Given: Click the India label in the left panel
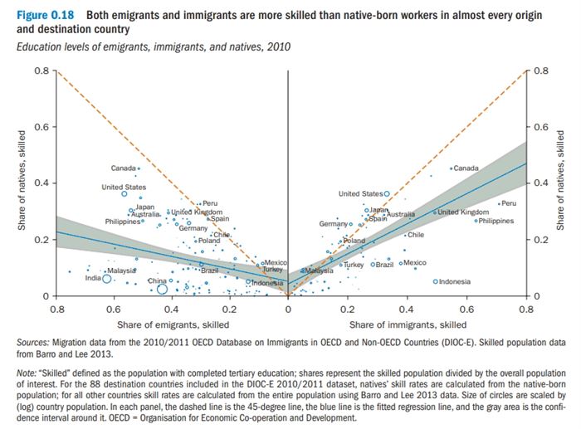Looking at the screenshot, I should [x=93, y=279].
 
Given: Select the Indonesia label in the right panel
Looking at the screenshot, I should [x=455, y=282].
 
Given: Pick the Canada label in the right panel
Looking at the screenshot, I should [x=467, y=168].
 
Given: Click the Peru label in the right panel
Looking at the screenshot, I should [x=509, y=203].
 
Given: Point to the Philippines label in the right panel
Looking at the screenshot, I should [x=496, y=221].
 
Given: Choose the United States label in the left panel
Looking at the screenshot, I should [x=124, y=187].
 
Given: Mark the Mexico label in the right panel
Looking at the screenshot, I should [x=415, y=263].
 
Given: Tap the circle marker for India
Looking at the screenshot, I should [x=106, y=280].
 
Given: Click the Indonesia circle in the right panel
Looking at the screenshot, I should [x=435, y=282].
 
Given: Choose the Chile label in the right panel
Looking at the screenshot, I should [x=416, y=235].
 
